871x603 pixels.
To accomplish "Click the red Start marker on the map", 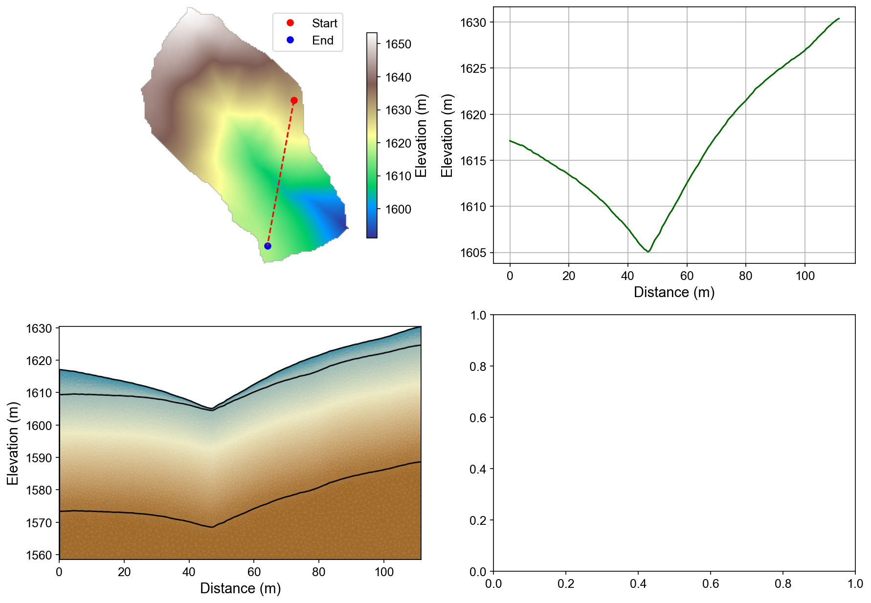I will click(x=294, y=100).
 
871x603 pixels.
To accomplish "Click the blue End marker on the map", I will click(x=268, y=246).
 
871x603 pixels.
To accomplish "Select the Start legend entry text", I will click(x=324, y=23).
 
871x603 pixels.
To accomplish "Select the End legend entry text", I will click(x=323, y=41).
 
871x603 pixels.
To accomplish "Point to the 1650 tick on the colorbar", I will click(x=398, y=44).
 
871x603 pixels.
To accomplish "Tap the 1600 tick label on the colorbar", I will click(x=398, y=209).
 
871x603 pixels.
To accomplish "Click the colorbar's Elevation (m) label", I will click(x=421, y=135).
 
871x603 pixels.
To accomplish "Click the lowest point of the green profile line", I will click(x=648, y=252).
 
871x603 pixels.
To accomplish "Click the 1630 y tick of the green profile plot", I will click(x=473, y=22).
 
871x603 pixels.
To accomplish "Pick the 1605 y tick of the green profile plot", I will click(x=473, y=253).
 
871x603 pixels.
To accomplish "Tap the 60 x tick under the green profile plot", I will click(x=687, y=276).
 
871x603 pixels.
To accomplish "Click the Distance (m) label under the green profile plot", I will click(x=674, y=292).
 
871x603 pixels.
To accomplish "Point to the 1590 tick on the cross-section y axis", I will click(x=39, y=458).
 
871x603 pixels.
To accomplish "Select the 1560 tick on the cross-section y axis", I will click(x=39, y=555).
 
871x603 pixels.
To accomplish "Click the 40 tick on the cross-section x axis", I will click(x=189, y=572).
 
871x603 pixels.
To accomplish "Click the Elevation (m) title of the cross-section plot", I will click(x=13, y=443).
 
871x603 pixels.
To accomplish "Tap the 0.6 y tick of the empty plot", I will click(x=478, y=417).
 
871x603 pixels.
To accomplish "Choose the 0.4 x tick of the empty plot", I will click(x=638, y=584).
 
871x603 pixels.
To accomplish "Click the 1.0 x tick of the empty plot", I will click(x=855, y=584).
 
